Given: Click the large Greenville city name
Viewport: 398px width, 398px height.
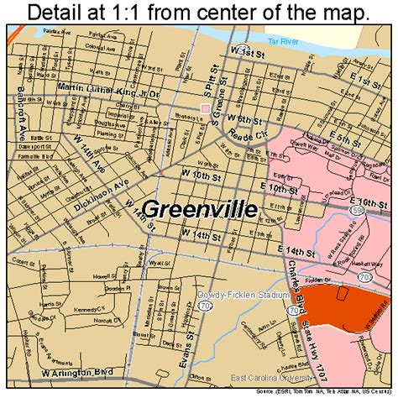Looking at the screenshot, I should (x=199, y=209).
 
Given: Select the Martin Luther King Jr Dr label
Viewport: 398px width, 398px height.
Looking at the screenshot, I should (x=107, y=86).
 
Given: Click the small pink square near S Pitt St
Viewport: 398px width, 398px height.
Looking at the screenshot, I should (x=205, y=108).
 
